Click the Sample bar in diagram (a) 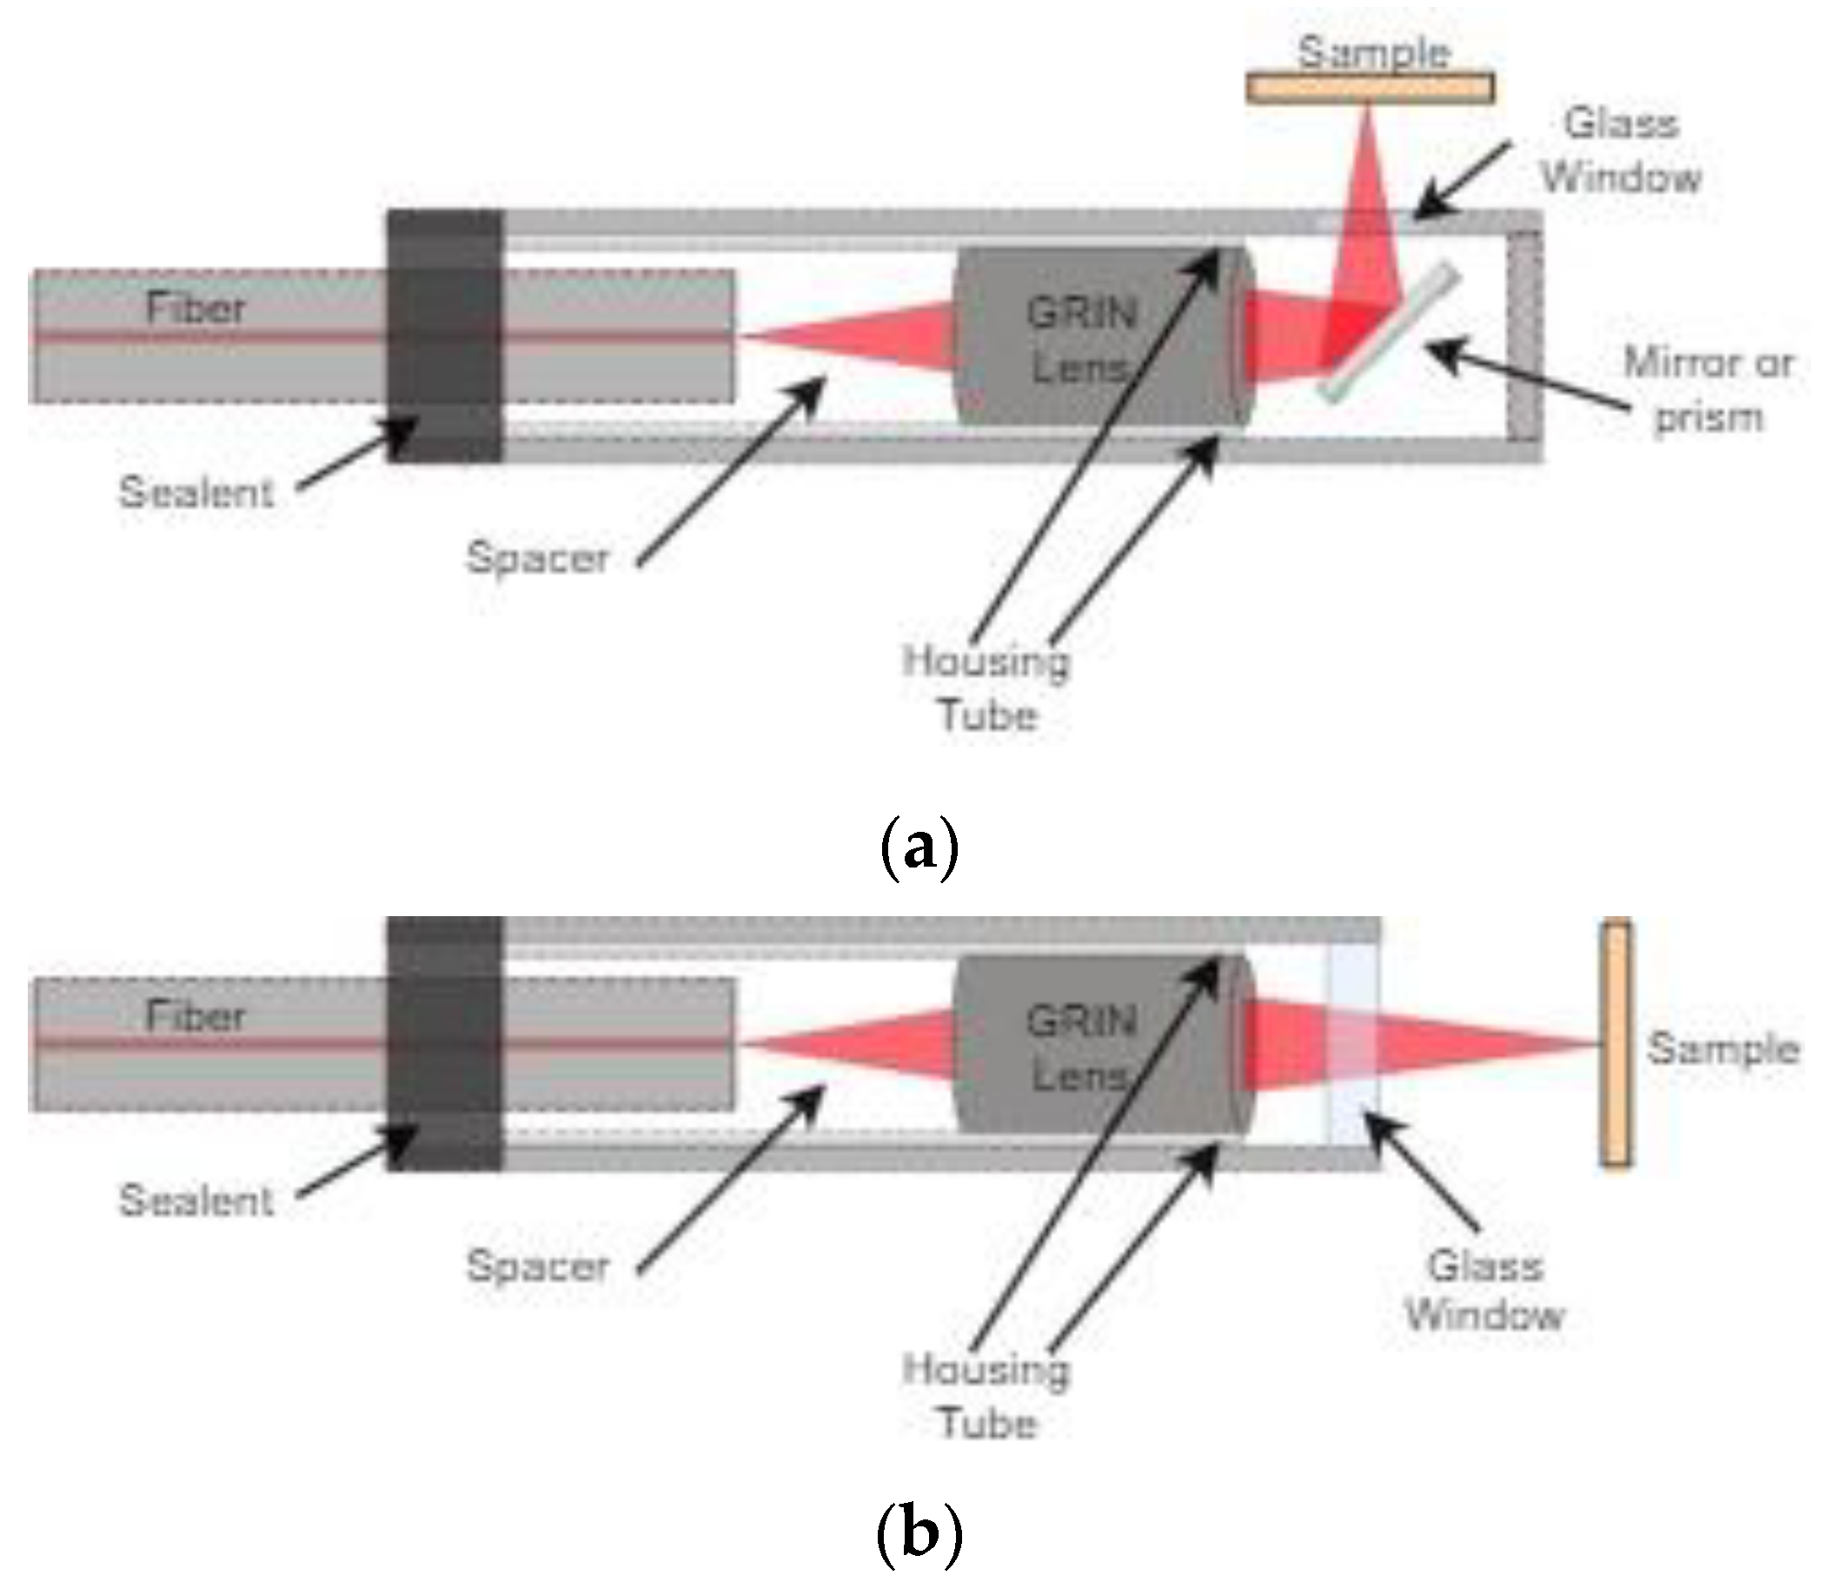pyautogui.click(x=1370, y=89)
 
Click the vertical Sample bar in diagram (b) pyautogui.click(x=1616, y=1043)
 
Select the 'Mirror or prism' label pyautogui.click(x=1708, y=390)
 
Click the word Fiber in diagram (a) pyautogui.click(x=195, y=308)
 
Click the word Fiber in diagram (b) pyautogui.click(x=195, y=1016)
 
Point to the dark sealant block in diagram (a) pyautogui.click(x=445, y=336)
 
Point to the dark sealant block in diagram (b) pyautogui.click(x=445, y=1043)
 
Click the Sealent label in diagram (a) pyautogui.click(x=196, y=492)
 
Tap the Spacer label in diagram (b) pyautogui.click(x=538, y=1266)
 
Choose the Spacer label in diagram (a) pyautogui.click(x=538, y=558)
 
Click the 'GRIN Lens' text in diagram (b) pyautogui.click(x=1080, y=1049)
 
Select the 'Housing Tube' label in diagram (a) pyautogui.click(x=986, y=688)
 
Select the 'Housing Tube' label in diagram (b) pyautogui.click(x=986, y=1396)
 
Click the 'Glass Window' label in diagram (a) pyautogui.click(x=1621, y=150)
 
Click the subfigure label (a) pyautogui.click(x=919, y=847)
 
